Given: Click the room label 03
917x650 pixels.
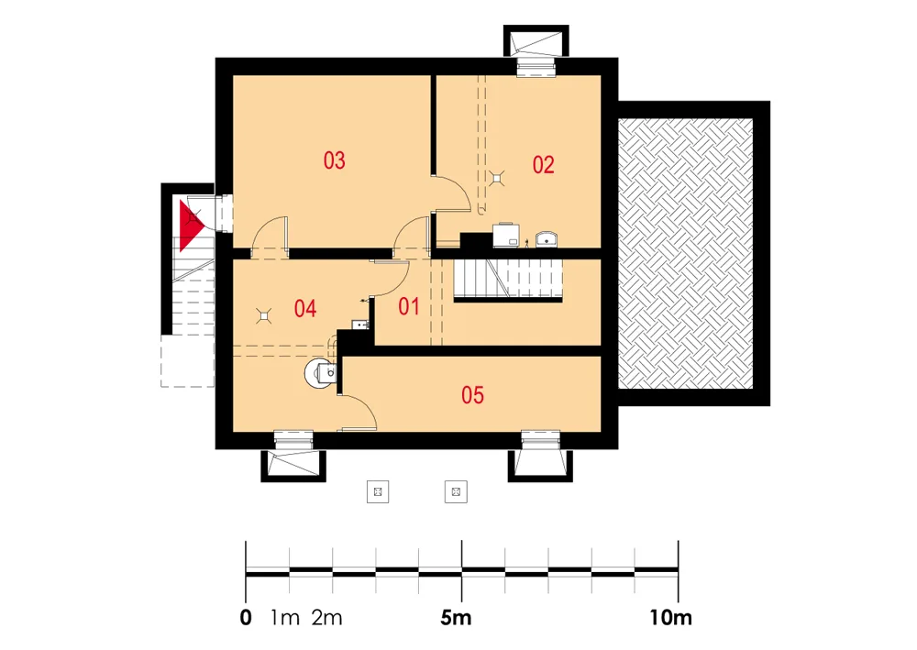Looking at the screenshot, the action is tap(335, 160).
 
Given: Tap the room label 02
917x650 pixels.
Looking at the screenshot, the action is tap(543, 165).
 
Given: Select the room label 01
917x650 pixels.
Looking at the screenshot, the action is tap(409, 306).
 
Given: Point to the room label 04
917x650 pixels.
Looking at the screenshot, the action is tap(305, 309).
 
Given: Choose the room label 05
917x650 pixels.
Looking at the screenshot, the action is tap(472, 395).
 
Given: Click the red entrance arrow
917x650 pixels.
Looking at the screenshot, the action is tap(190, 226).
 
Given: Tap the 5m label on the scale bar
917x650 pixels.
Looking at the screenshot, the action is tap(456, 617).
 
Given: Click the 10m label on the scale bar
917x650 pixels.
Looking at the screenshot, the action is tap(671, 617).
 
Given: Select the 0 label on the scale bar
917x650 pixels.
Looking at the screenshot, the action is tap(246, 617).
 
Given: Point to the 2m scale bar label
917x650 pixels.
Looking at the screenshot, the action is tap(327, 617).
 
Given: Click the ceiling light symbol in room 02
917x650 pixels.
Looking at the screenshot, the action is tap(498, 178).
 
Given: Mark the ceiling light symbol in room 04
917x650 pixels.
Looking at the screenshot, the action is tap(265, 316).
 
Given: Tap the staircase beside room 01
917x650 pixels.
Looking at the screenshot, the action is tap(508, 280).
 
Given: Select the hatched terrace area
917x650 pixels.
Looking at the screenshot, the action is tap(685, 253).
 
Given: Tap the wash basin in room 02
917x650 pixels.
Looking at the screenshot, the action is tap(547, 239).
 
